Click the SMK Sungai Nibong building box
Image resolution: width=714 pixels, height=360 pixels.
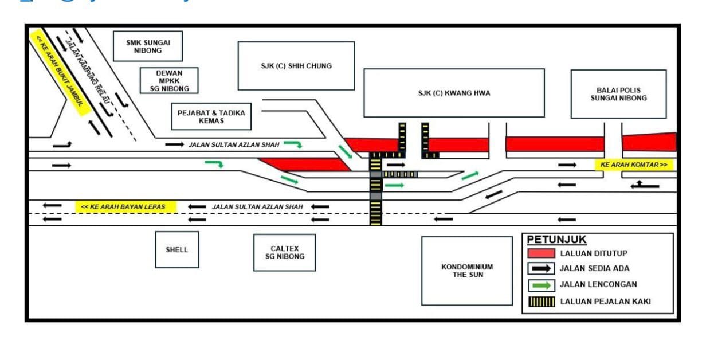pyautogui.click(x=148, y=46)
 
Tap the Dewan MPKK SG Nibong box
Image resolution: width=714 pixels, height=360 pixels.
pyautogui.click(x=169, y=81)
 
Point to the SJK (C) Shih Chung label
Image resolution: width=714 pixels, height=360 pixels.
pyautogui.click(x=296, y=66)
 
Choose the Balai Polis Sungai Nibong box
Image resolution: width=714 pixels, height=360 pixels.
pyautogui.click(x=618, y=94)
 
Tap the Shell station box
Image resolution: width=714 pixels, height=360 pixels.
pyautogui.click(x=176, y=249)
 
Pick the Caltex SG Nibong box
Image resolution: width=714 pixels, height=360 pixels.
pyautogui.click(x=284, y=252)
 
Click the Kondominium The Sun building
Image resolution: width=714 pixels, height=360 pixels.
pyautogui.click(x=467, y=271)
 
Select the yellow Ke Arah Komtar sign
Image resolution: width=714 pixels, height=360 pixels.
pyautogui.click(x=634, y=165)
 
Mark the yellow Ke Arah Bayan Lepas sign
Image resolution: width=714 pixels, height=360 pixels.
pyautogui.click(x=126, y=206)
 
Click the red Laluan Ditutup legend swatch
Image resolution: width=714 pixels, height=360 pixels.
pyautogui.click(x=541, y=253)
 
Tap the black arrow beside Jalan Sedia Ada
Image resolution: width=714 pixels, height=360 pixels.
pyautogui.click(x=541, y=268)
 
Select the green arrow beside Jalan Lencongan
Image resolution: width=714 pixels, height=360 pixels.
pyautogui.click(x=541, y=285)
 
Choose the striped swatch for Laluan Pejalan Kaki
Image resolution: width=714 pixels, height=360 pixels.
pyautogui.click(x=541, y=302)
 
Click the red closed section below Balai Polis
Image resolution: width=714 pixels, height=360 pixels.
pyautogui.click(x=649, y=142)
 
